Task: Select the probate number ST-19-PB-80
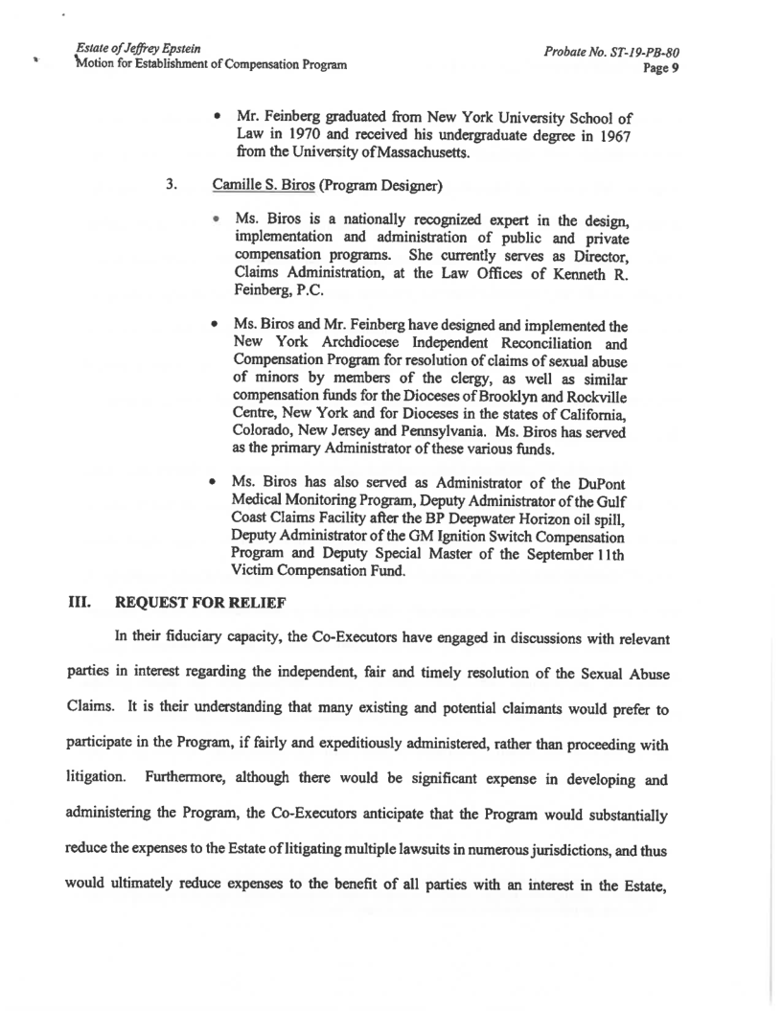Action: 637,52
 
